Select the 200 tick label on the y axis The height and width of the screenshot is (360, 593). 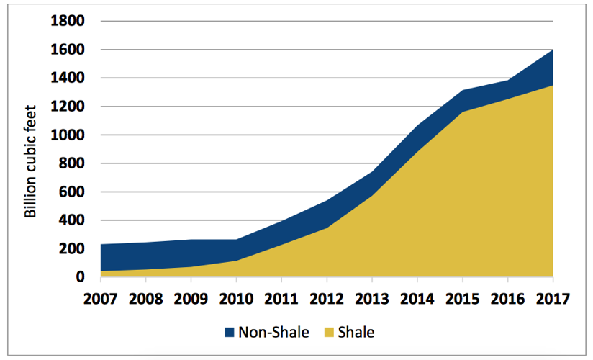pos(73,249)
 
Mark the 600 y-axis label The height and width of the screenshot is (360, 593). pos(73,192)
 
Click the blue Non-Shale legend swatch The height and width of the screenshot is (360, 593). pos(230,333)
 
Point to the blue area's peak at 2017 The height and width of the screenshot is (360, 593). pos(552,50)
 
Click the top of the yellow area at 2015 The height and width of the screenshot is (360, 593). pos(463,112)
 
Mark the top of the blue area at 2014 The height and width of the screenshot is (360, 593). pos(417,126)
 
